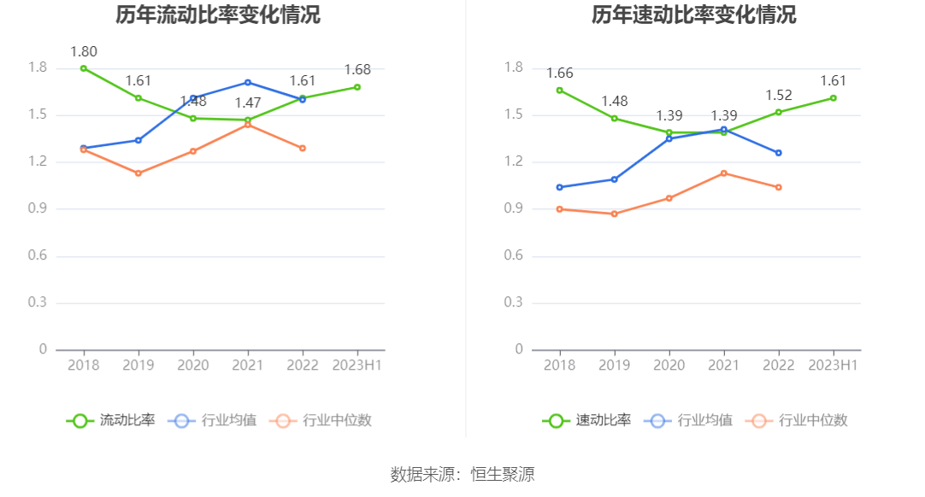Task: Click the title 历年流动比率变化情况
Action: [218, 15]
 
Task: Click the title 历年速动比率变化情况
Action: [693, 15]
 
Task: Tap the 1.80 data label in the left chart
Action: [84, 51]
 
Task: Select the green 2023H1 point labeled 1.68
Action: [357, 87]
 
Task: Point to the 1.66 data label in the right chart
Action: [560, 73]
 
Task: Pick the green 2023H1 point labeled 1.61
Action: [833, 98]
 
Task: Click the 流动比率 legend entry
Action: [111, 420]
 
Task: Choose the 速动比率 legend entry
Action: [586, 420]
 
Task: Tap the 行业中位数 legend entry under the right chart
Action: [796, 420]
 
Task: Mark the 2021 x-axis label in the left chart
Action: [248, 365]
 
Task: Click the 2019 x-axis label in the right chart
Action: [614, 365]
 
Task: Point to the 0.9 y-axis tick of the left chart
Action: [38, 209]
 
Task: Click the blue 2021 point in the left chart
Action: [248, 83]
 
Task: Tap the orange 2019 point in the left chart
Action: [138, 173]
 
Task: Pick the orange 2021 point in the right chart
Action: [723, 173]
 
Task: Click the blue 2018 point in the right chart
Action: [559, 187]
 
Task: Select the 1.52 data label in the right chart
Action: [779, 96]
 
